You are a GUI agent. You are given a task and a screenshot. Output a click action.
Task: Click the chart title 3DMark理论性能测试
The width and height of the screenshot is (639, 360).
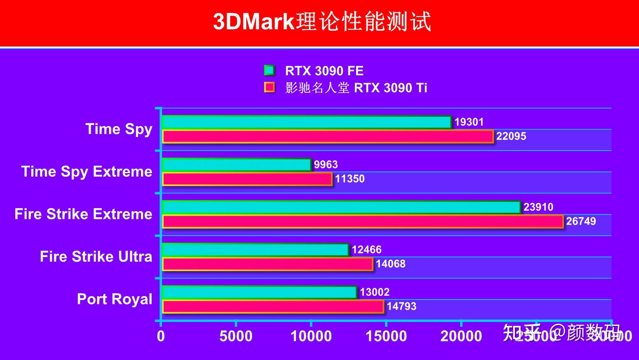[322, 21]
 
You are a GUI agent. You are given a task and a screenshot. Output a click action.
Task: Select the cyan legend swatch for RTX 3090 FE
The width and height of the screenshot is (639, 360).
[269, 70]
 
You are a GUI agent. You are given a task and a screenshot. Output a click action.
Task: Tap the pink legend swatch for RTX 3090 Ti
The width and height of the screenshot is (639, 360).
[269, 87]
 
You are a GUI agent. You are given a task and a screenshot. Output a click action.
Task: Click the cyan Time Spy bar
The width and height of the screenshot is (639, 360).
[307, 122]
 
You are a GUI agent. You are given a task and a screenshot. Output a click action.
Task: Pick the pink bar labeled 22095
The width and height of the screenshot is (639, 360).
[328, 137]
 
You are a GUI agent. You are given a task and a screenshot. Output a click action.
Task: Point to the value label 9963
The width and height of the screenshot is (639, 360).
[325, 165]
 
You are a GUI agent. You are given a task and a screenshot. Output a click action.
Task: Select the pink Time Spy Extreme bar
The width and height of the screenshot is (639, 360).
[247, 179]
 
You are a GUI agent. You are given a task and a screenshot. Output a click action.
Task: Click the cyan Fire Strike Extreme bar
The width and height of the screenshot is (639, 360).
[341, 207]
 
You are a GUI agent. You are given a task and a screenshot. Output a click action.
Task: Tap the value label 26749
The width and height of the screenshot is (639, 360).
[581, 221]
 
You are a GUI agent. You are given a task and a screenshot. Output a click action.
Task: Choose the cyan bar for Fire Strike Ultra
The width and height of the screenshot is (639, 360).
[255, 250]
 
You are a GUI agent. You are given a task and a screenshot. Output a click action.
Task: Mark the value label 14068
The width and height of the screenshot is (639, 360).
[390, 264]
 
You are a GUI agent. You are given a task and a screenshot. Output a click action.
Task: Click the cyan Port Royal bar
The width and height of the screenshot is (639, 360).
[259, 293]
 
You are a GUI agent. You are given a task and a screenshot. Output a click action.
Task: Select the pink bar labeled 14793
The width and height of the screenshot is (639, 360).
[273, 307]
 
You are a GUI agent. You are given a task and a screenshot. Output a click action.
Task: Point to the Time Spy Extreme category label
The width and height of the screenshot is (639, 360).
[87, 172]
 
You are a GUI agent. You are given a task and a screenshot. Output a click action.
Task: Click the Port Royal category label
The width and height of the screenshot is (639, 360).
[114, 299]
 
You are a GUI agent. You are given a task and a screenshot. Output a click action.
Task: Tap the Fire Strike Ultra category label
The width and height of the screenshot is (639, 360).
[96, 257]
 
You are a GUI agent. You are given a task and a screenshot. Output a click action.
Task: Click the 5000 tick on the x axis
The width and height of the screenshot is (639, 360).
[236, 336]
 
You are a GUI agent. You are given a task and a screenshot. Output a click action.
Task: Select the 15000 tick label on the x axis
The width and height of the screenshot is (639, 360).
[386, 336]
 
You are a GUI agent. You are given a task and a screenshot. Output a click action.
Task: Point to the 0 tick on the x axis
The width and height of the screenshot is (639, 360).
[161, 336]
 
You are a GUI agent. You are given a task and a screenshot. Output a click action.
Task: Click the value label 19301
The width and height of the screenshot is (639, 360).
[469, 122]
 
